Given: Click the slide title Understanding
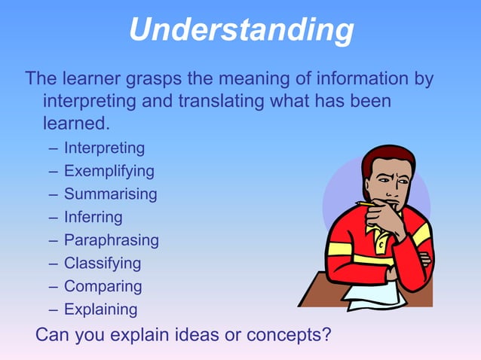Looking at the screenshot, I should [240, 30].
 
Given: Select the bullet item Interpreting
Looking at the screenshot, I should [104, 148].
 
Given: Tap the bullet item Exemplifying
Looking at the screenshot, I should [109, 171].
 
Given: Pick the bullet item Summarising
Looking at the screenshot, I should [110, 194].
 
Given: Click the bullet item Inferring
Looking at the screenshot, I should [93, 217].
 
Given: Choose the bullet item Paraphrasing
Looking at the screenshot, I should [111, 240].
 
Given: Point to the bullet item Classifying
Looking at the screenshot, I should [102, 264].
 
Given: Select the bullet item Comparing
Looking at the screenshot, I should [103, 286].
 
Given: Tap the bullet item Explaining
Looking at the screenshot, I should [100, 310].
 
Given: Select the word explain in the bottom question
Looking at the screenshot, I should [151, 333].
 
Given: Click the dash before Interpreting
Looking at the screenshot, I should [53, 148].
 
